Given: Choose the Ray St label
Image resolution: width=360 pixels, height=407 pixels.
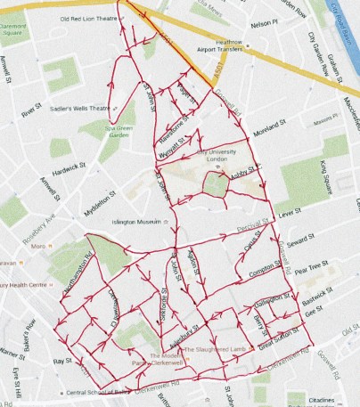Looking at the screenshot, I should pos(61,361).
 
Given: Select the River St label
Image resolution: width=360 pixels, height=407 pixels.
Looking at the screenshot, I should pos(34,112).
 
